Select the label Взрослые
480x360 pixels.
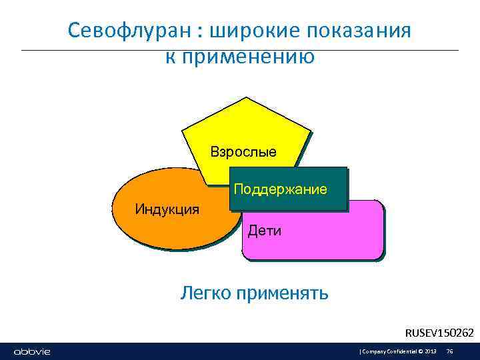tap(243, 151)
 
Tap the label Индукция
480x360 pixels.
tap(167, 209)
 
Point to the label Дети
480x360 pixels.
tap(265, 231)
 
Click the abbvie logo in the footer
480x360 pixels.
tap(32, 351)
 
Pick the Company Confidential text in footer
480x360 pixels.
tap(389, 351)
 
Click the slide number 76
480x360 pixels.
tap(449, 351)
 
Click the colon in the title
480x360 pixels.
tap(201, 32)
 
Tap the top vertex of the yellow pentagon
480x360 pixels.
tap(246, 97)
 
